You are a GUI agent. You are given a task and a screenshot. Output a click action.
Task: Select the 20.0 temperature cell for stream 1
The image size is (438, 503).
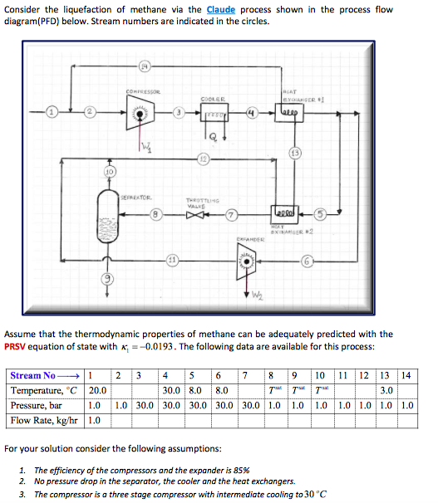click(98, 390)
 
